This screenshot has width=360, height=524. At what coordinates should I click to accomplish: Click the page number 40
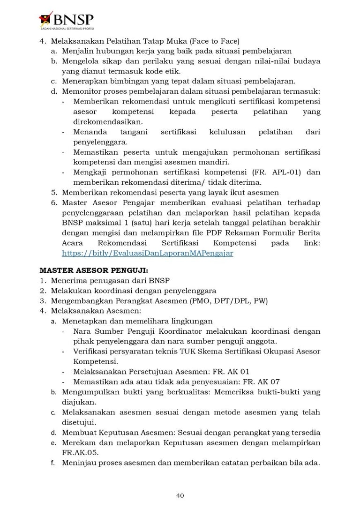180,495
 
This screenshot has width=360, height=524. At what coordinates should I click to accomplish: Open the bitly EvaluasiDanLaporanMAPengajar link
147,253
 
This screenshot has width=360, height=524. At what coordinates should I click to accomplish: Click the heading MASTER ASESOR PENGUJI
94,270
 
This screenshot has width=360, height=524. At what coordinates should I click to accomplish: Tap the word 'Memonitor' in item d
81,91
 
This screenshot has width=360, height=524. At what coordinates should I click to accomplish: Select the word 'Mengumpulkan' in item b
87,392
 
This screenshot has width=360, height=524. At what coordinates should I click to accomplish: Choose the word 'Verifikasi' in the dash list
92,352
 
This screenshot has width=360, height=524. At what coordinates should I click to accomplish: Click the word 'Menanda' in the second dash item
90,132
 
